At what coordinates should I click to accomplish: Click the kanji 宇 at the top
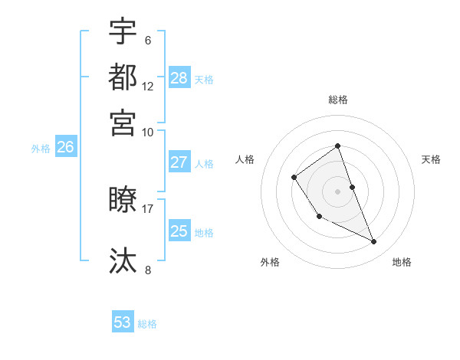123,31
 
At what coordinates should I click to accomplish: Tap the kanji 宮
123,122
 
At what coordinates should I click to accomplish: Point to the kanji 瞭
123,200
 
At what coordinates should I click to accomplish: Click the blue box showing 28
179,77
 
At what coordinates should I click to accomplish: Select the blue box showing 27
179,162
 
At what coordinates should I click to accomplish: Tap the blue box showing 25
179,231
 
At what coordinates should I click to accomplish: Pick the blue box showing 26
66,148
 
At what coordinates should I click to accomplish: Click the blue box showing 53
123,322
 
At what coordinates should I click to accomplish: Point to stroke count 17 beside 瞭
148,208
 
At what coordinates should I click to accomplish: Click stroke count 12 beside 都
148,86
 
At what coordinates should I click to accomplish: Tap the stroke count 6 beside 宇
147,40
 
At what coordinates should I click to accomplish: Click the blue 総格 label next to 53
147,324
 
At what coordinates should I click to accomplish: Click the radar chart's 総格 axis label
337,100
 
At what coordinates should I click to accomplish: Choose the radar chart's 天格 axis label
431,159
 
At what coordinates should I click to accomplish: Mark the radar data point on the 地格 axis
374,242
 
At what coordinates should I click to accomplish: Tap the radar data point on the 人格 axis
294,178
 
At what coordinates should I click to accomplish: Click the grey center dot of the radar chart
337,191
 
